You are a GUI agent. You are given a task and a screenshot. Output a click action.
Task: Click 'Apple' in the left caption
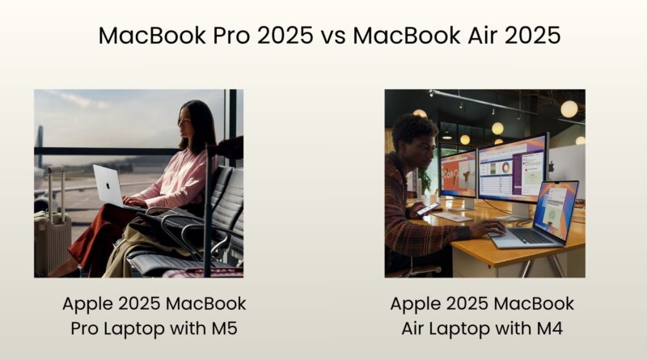[88, 304]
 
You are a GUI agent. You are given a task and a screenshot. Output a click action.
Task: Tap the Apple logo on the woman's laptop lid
[108, 185]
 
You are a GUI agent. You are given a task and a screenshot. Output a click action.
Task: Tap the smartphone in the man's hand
[426, 209]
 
